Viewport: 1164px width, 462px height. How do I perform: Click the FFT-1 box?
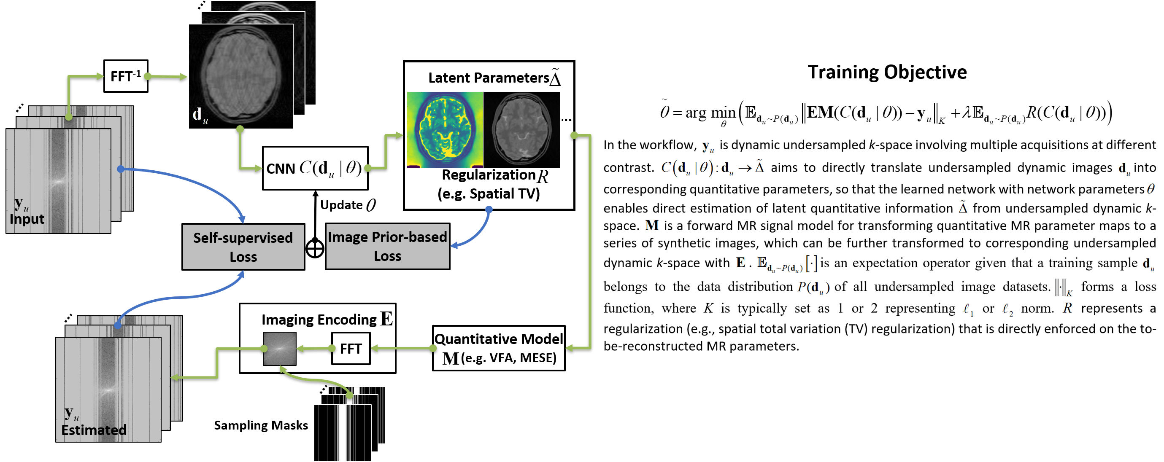tap(126, 76)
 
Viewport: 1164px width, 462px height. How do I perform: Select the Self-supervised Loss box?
tap(243, 247)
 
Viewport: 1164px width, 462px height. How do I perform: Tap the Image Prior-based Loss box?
tap(387, 246)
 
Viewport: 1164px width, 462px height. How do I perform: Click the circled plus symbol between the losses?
tap(315, 248)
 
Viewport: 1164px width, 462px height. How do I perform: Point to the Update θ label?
tap(348, 205)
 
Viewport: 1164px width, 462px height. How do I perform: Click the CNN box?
tap(315, 168)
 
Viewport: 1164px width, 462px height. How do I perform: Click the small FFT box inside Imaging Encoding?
tap(351, 348)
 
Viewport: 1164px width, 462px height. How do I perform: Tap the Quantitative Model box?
tap(498, 348)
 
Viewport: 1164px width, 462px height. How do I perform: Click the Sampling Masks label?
tap(261, 425)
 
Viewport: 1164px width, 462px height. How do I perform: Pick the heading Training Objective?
tap(887, 72)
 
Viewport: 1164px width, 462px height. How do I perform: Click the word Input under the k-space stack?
tap(27, 219)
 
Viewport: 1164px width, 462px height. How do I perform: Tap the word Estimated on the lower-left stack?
tap(94, 430)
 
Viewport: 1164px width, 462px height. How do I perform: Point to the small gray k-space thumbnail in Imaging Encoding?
tap(280, 349)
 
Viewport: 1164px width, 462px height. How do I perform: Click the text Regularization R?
tap(495, 175)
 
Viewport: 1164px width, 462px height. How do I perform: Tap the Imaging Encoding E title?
tap(327, 319)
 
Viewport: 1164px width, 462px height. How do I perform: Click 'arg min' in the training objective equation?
tap(710, 113)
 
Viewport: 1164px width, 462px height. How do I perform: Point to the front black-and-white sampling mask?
tap(343, 432)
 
